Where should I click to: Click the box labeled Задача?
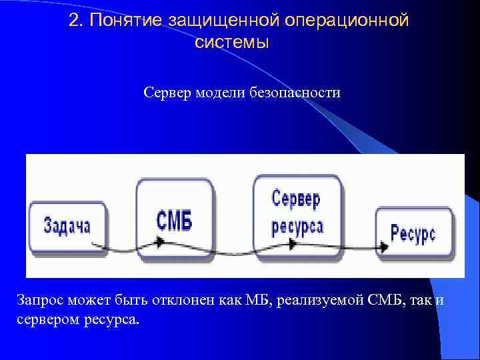point(66,226)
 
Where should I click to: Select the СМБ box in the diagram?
point(175,219)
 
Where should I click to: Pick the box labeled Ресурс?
point(414,233)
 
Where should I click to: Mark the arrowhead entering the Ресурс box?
point(383,245)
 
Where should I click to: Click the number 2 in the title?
point(75,21)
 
